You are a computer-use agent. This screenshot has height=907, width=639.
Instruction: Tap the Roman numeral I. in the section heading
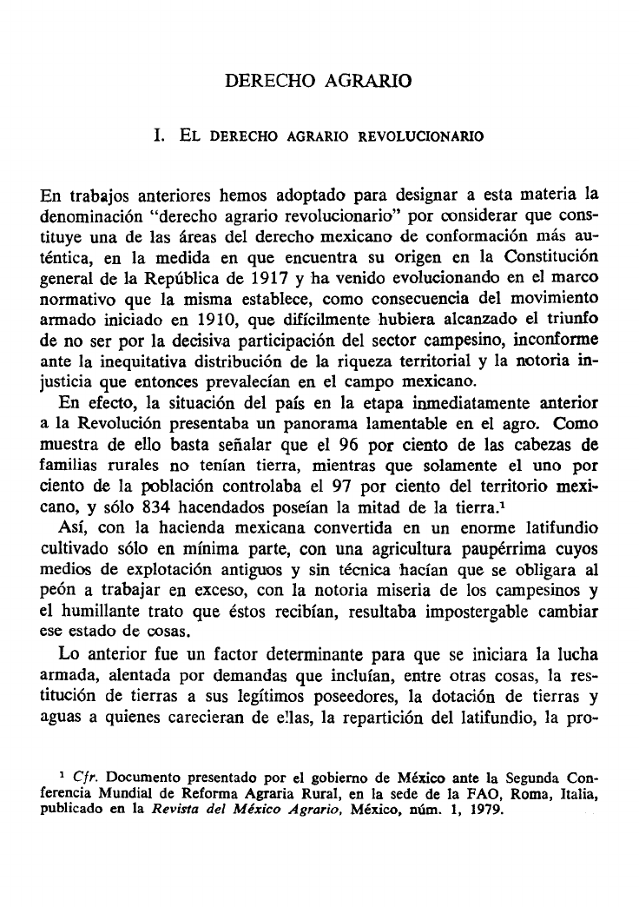157,136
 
